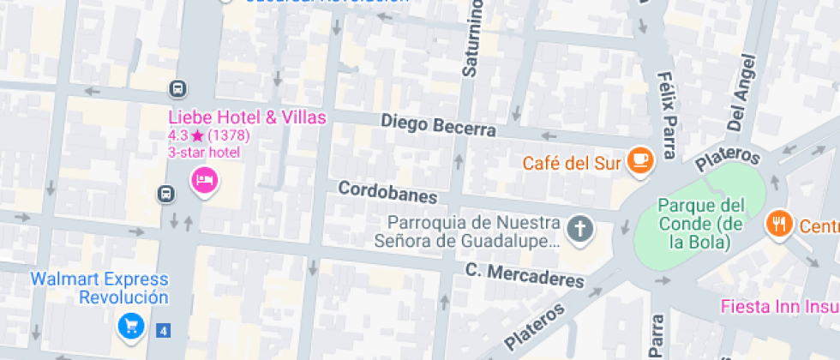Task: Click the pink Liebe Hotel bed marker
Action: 204,180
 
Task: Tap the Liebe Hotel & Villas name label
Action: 247,117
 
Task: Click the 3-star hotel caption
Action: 203,152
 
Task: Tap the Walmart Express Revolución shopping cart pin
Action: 131,325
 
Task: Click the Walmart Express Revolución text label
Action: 99,289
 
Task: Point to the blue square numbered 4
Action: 163,328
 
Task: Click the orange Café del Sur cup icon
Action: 639,160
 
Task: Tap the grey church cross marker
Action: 580,229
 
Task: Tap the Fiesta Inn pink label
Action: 779,306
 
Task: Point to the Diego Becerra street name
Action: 438,125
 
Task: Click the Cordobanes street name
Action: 387,191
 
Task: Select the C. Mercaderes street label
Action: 525,275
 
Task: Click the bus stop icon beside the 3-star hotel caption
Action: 165,194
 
